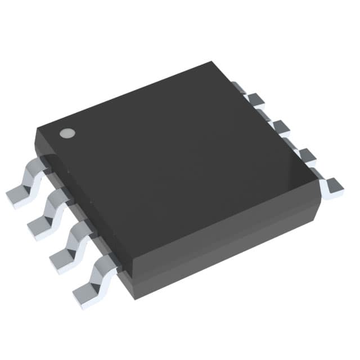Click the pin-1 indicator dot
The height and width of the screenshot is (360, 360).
tap(67, 133)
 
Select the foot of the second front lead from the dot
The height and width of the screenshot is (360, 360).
tap(38, 229)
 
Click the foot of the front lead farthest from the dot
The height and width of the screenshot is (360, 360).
tap(84, 296)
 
